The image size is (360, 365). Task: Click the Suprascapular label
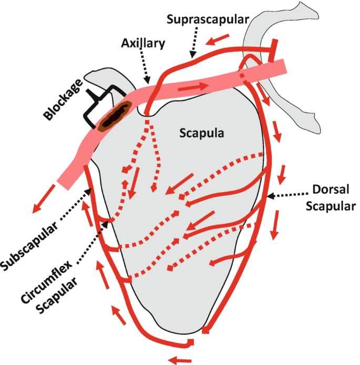click(208, 19)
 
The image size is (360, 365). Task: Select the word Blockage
click(62, 100)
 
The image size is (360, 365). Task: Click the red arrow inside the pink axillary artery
click(194, 85)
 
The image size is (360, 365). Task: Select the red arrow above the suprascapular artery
click(218, 38)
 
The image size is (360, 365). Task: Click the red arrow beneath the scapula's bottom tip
click(180, 359)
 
